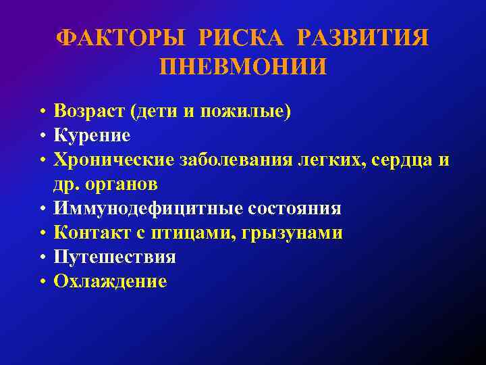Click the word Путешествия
point(115,258)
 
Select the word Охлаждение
point(110,282)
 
